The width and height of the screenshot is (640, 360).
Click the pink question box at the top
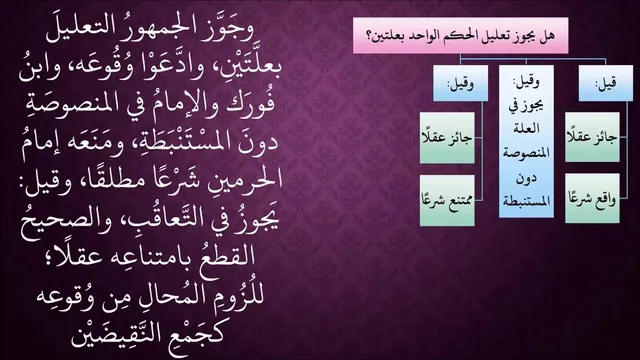tap(460, 36)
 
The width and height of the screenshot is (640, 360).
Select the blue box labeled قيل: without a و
tap(606, 83)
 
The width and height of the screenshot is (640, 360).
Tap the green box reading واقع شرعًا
tap(592, 198)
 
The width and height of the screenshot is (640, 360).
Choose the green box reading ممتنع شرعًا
tap(447, 200)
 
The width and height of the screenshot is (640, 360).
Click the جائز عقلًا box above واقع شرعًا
tap(592, 137)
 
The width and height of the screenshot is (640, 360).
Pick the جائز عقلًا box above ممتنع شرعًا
tap(447, 138)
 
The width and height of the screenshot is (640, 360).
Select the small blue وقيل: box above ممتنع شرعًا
tap(460, 83)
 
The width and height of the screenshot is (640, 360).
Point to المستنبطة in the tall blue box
tap(526, 201)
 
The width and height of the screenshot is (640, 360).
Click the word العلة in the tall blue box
tap(526, 129)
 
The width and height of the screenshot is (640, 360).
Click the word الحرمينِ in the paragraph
tap(242, 180)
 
